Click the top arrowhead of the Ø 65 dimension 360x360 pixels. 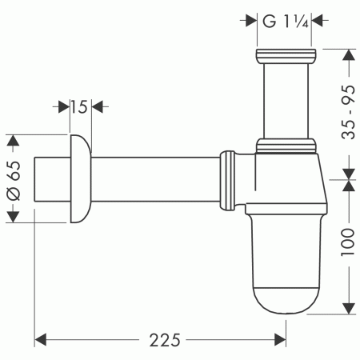point(12,141)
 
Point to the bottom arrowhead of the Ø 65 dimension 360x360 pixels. point(12,214)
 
